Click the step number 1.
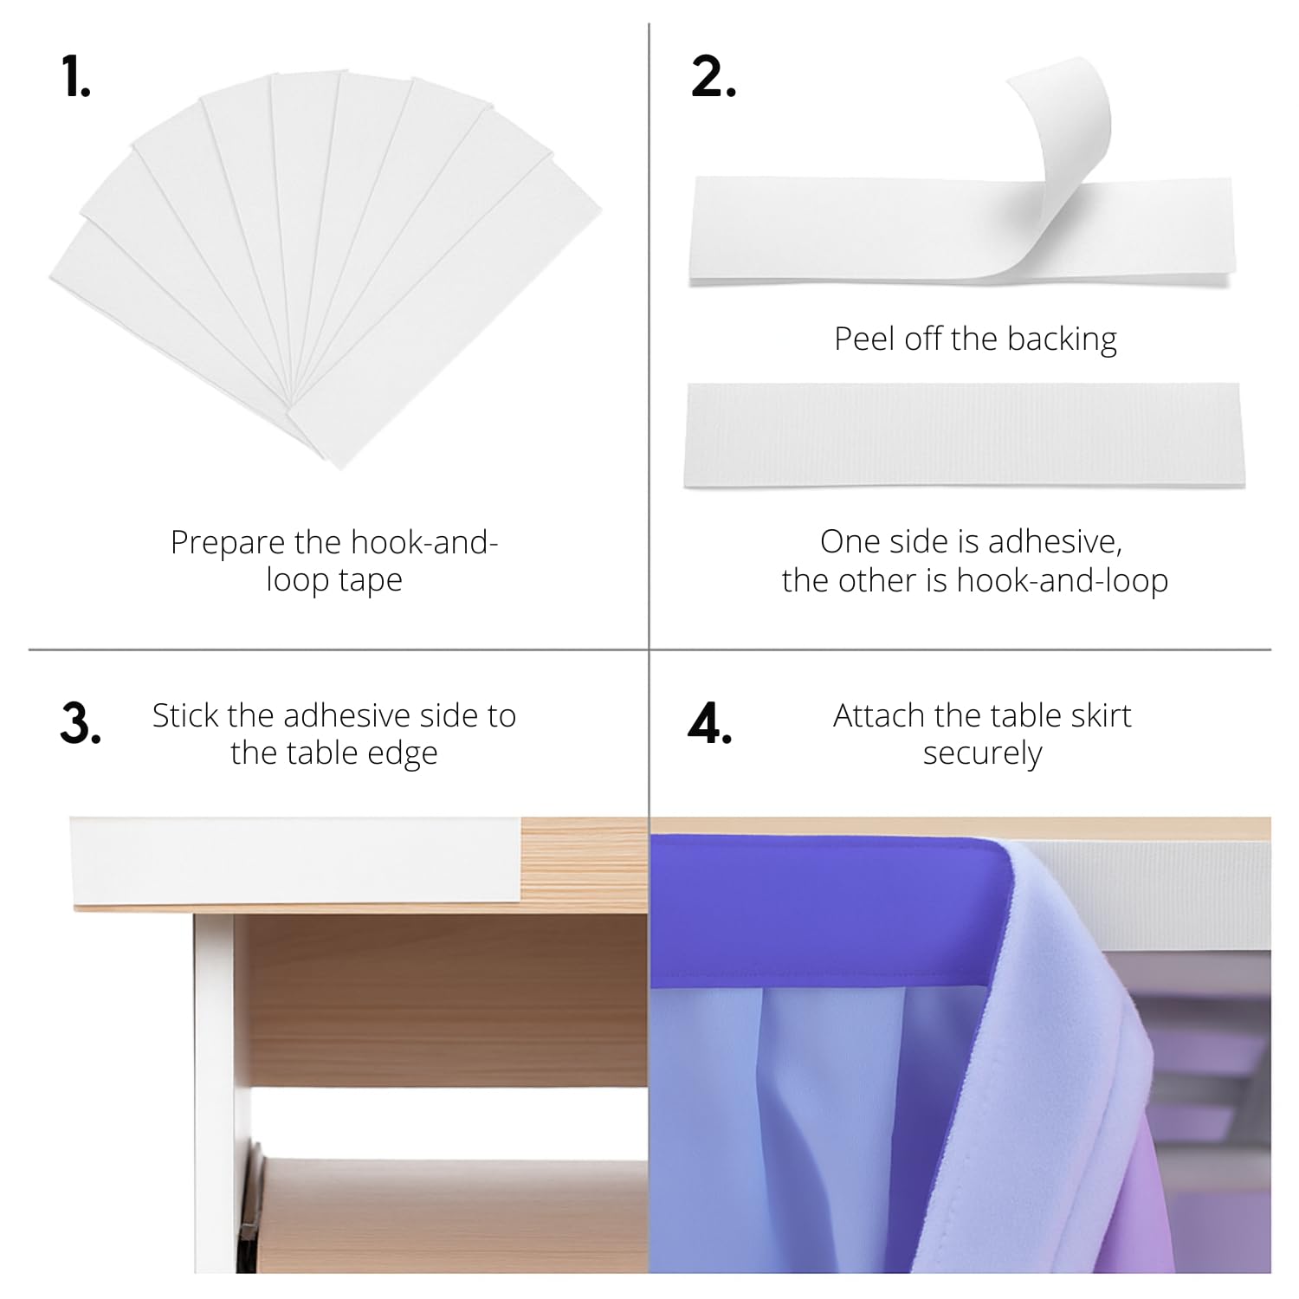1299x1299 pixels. click(77, 78)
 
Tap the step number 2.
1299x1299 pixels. click(714, 78)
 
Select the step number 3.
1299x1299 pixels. click(81, 724)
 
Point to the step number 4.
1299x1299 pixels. click(709, 724)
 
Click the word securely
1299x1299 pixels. click(982, 754)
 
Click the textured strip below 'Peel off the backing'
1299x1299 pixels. click(963, 435)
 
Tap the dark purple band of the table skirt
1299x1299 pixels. click(831, 909)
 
